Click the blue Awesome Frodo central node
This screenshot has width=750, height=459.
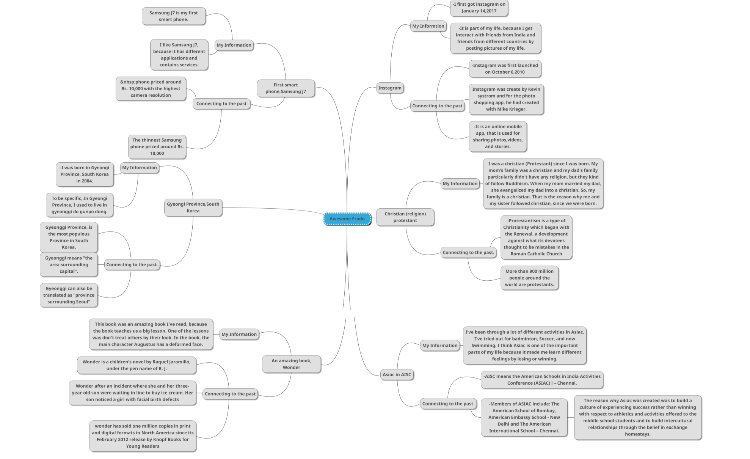point(347,218)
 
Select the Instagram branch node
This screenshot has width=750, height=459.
point(389,88)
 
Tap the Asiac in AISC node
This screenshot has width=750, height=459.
point(397,374)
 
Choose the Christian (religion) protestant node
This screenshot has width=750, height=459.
point(405,217)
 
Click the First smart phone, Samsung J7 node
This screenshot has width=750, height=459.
point(286,88)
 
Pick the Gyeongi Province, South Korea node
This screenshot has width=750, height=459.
point(193,207)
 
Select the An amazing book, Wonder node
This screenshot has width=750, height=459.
point(291,364)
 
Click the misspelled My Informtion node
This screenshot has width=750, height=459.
point(428,26)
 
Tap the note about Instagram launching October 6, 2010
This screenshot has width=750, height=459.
point(505,69)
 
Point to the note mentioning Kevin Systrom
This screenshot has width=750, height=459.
point(506,99)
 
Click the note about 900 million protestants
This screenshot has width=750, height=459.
point(529,278)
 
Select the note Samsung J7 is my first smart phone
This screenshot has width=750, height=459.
point(173,16)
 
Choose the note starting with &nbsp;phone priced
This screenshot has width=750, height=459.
point(151,88)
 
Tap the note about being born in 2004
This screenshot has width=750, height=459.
point(85,174)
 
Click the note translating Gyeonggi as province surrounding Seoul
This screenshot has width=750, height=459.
point(69,295)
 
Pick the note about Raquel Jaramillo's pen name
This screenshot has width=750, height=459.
point(137,365)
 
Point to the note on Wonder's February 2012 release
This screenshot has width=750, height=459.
point(143,436)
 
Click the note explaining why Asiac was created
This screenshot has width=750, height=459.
point(637,417)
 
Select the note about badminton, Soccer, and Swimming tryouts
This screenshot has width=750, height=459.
point(524,345)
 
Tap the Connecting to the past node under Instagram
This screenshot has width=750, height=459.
point(437,106)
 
